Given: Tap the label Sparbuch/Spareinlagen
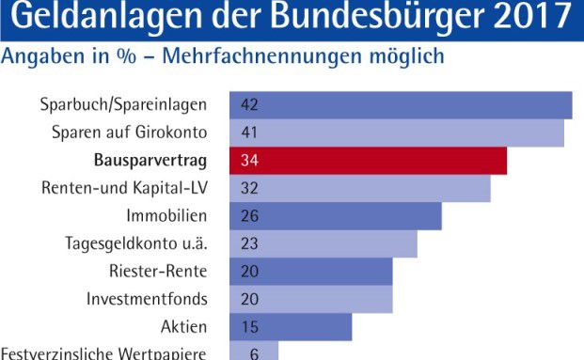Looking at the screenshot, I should click(x=124, y=104).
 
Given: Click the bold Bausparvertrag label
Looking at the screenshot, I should click(x=150, y=160).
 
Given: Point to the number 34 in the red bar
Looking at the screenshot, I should click(x=250, y=161).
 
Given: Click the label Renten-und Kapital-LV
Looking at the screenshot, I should click(x=124, y=188).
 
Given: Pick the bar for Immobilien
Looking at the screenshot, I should click(x=336, y=216).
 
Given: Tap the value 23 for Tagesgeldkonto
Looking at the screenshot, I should click(x=250, y=244).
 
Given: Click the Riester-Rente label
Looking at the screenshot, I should click(x=158, y=272).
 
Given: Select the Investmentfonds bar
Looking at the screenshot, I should click(x=311, y=300).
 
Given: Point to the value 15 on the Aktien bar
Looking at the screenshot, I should click(x=250, y=327).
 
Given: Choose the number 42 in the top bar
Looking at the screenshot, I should click(x=250, y=104).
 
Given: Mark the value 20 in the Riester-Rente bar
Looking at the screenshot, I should click(x=250, y=272).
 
